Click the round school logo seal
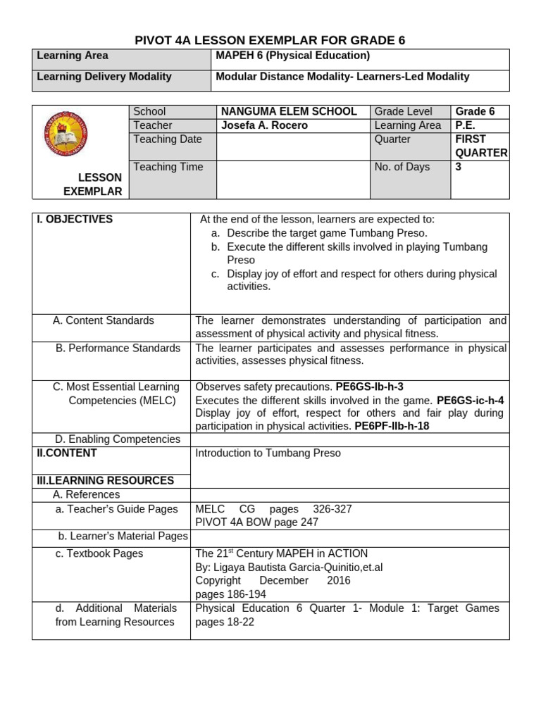pyautogui.click(x=66, y=134)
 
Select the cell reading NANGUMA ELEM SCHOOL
pyautogui.click(x=289, y=111)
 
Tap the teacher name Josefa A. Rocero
pyautogui.click(x=264, y=125)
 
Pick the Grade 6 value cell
pyautogui.click(x=475, y=111)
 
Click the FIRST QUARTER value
pyautogui.click(x=480, y=146)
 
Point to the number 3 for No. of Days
pyautogui.click(x=459, y=167)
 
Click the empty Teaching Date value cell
pyautogui.click(x=293, y=146)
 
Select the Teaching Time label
pyautogui.click(x=168, y=167)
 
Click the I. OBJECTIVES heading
pyautogui.click(x=75, y=219)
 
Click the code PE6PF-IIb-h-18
pyautogui.click(x=392, y=426)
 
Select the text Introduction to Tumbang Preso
pyautogui.click(x=268, y=453)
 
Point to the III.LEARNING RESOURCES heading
pyautogui.click(x=105, y=480)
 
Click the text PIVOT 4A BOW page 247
pyautogui.click(x=256, y=522)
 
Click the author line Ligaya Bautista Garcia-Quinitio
pyautogui.click(x=289, y=567)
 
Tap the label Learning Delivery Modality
pyautogui.click(x=104, y=76)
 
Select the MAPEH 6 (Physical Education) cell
pyautogui.click(x=292, y=56)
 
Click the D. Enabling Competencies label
pyautogui.click(x=117, y=439)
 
